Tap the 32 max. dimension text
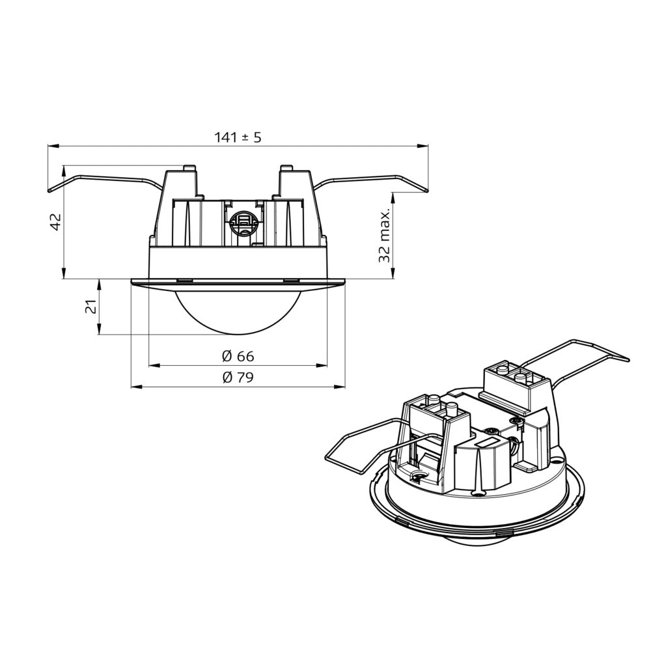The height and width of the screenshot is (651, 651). [x=385, y=236]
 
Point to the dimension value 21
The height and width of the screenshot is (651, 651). [x=92, y=307]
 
